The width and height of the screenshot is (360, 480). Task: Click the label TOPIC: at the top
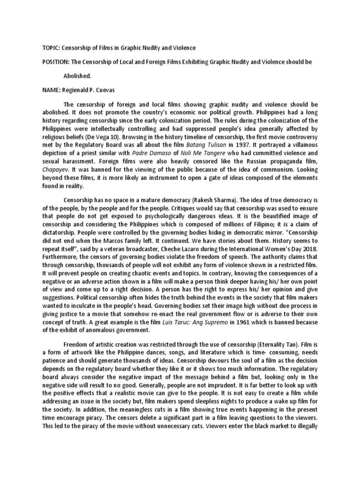click(x=45, y=48)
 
